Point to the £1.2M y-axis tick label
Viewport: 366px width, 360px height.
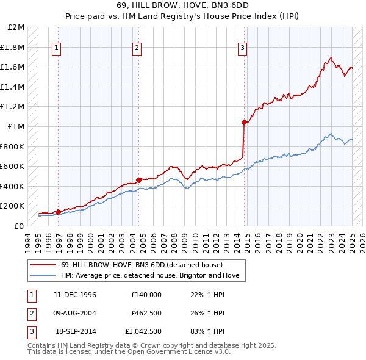point(14,107)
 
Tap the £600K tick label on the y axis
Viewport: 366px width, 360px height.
point(14,166)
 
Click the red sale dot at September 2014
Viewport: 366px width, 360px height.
point(244,123)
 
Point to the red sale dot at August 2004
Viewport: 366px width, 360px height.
point(138,180)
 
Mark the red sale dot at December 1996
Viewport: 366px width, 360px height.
point(59,212)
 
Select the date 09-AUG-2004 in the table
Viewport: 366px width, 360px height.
point(75,314)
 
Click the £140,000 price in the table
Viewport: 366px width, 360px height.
point(146,295)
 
